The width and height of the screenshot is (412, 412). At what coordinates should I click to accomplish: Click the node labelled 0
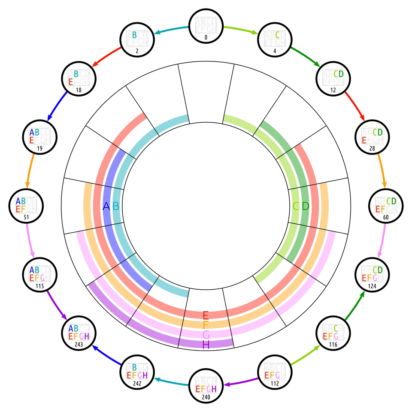pos(206,27)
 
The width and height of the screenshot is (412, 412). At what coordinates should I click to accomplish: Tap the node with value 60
pos(386,206)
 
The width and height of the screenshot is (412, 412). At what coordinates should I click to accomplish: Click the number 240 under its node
pos(206,397)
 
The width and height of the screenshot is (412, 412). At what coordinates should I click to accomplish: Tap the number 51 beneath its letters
pos(26,218)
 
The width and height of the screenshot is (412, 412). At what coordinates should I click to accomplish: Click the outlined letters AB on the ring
pos(111,207)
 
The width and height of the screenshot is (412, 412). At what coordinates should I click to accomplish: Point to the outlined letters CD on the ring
pos(301,206)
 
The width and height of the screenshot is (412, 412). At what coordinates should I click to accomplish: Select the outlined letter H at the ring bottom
pos(206,344)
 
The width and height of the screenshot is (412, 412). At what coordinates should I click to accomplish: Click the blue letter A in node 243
pos(71,328)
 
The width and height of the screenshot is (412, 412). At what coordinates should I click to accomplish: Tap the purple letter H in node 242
pos(145,376)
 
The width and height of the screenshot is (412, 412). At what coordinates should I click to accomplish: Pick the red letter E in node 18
pos(71,82)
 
